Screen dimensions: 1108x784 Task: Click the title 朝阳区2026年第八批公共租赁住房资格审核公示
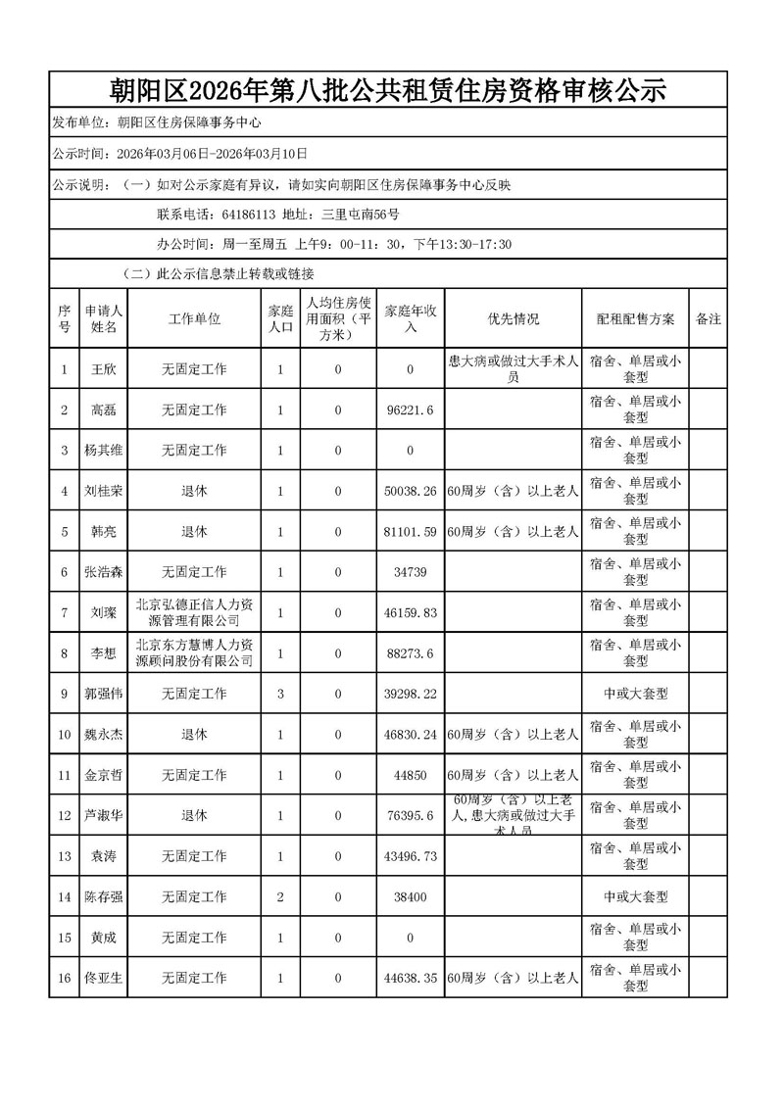coord(388,91)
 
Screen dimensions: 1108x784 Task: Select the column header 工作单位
coord(194,319)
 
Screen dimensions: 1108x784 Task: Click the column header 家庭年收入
coord(411,319)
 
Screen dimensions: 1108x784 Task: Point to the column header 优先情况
coord(513,319)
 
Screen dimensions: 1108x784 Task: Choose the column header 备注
coord(708,319)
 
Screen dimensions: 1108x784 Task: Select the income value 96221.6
coord(411,410)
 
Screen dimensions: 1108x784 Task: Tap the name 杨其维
coord(103,451)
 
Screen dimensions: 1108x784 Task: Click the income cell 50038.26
coord(411,491)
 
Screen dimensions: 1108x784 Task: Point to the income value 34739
coord(411,572)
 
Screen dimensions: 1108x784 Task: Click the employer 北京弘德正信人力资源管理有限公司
coord(194,612)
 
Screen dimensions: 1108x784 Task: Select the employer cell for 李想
coord(194,652)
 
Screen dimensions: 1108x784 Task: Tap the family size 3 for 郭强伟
coord(280,694)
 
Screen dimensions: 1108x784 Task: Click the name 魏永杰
coord(103,734)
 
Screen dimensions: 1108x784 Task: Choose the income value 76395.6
coord(411,815)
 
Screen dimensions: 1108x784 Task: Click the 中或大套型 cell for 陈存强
coord(635,896)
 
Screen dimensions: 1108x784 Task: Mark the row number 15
coord(65,938)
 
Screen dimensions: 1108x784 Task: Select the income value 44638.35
coord(411,978)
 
